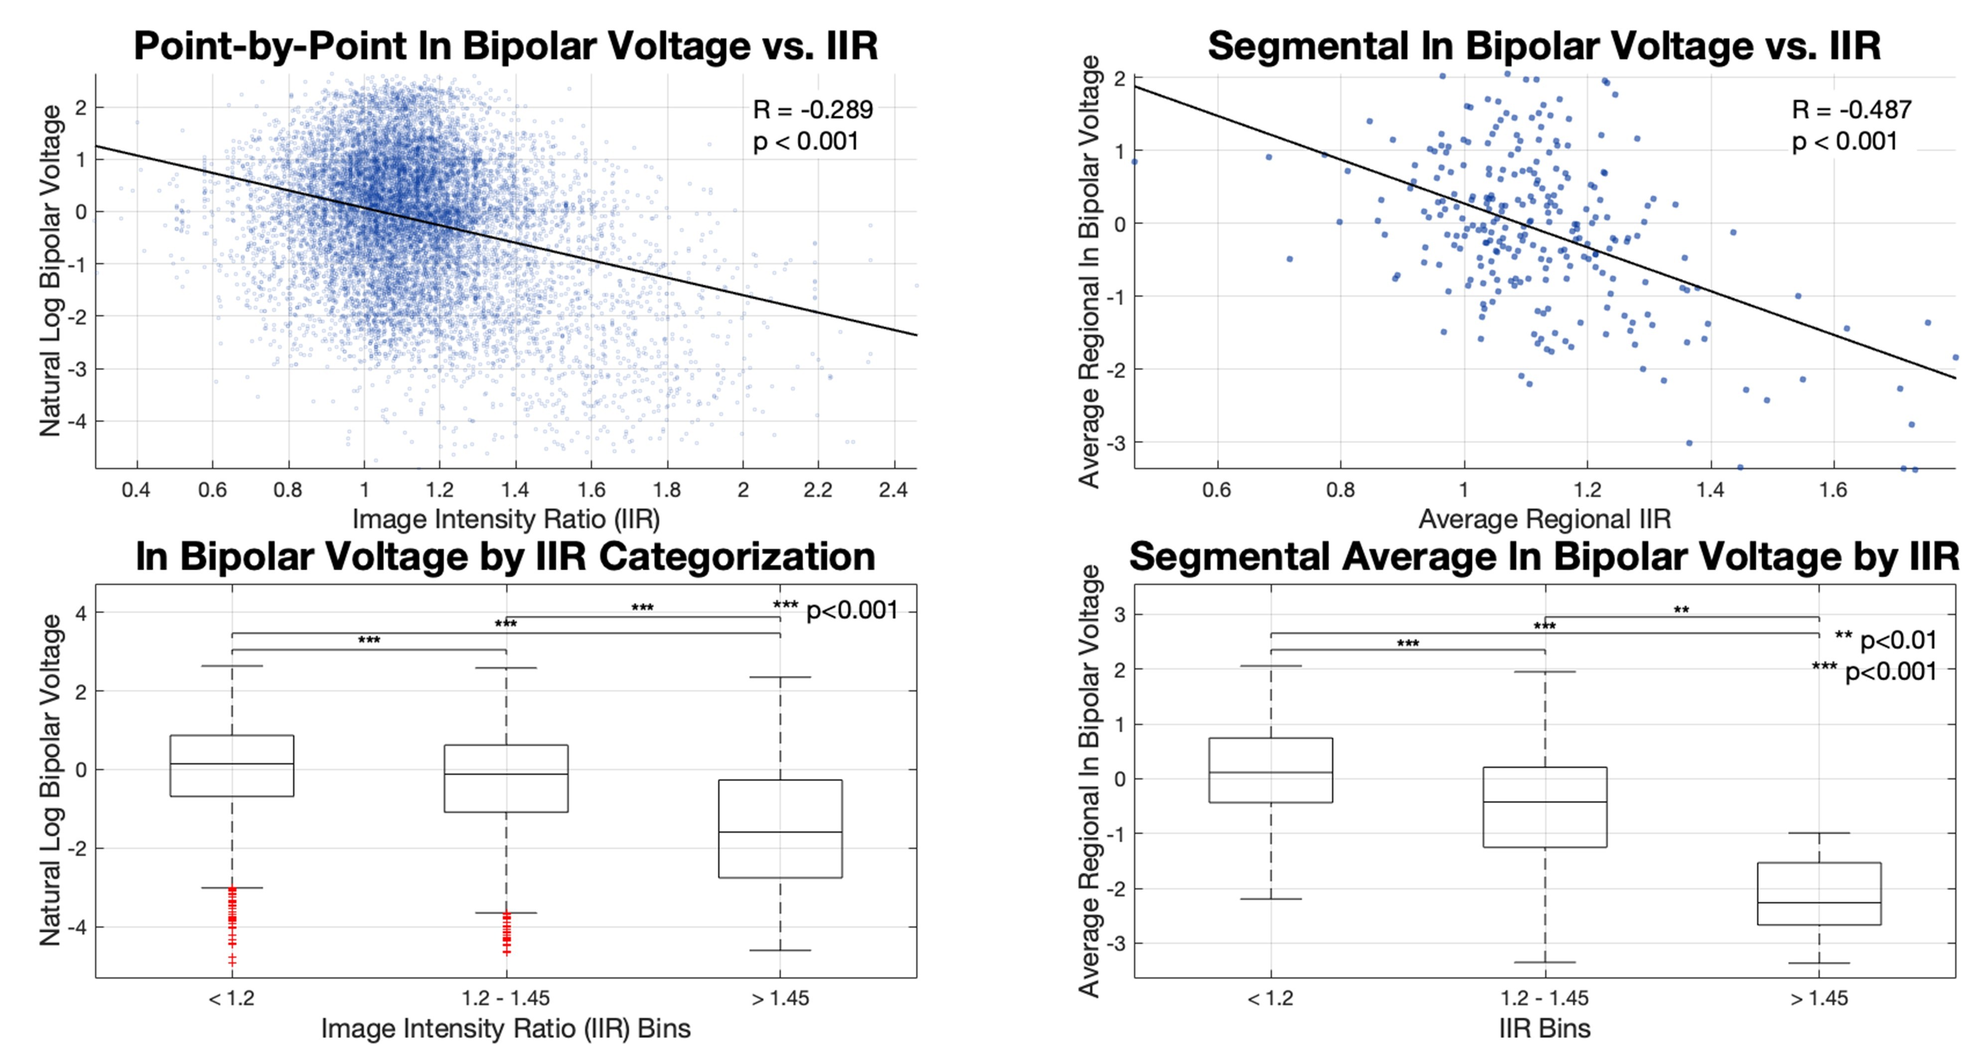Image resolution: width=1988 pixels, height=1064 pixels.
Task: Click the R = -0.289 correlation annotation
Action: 813,110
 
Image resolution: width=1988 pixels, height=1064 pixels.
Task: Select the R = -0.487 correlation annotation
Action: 1851,110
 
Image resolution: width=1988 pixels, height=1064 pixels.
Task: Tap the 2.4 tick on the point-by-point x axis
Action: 893,490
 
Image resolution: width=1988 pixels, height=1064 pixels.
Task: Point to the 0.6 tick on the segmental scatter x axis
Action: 1217,490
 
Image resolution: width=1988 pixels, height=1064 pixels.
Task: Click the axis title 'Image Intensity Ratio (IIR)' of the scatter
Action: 506,519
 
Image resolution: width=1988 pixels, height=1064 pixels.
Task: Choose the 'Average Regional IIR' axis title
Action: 1544,519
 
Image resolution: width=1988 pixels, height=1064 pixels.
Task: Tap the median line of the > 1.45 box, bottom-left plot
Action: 780,832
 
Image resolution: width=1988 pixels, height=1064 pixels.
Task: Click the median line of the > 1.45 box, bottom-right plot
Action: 1819,902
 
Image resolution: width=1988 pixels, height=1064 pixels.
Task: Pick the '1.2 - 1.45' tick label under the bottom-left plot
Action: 506,998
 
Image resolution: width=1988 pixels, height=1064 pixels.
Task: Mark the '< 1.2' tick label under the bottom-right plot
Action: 1271,998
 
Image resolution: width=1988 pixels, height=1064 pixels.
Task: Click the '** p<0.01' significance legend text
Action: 1885,641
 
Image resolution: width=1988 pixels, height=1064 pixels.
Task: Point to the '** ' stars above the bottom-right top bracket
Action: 1682,610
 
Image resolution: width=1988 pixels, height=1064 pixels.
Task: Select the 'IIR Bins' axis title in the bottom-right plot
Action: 1544,1029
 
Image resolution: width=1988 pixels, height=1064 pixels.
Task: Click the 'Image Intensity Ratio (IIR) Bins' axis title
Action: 506,1029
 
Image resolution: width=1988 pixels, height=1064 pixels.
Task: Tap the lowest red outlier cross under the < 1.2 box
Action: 232,960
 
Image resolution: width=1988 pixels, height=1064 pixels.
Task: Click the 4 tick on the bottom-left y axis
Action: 80,613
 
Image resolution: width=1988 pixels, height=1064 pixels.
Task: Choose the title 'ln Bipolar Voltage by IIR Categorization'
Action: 506,557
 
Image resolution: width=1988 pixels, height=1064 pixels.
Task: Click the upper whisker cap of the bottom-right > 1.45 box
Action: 1819,833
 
